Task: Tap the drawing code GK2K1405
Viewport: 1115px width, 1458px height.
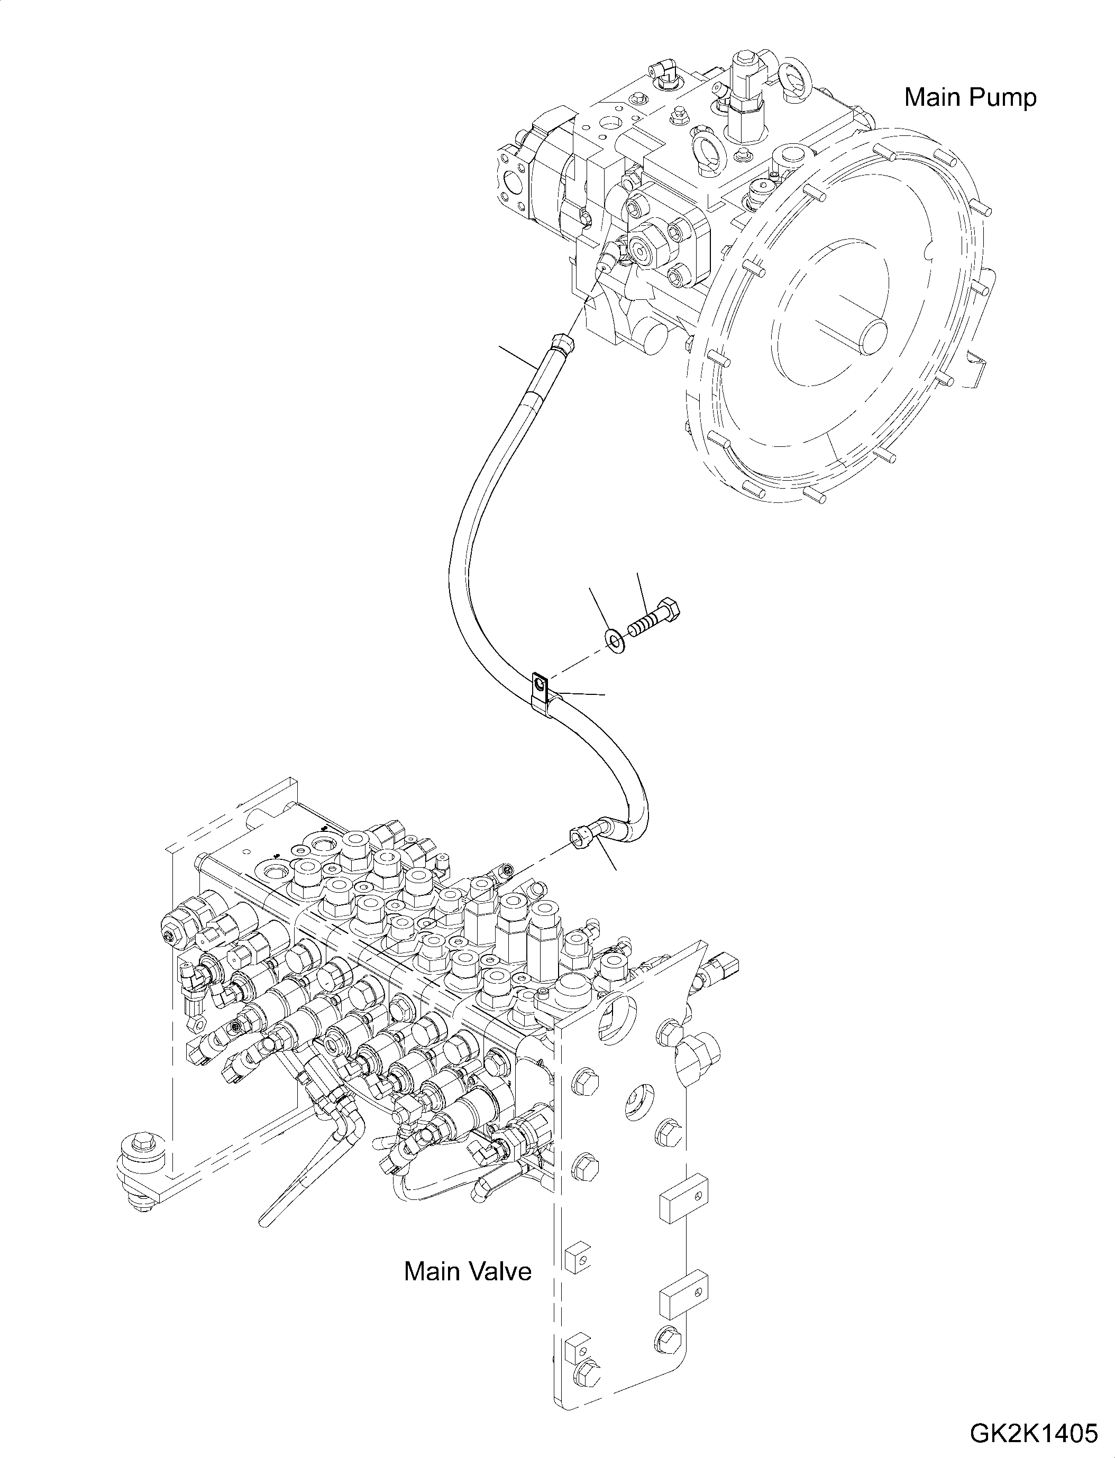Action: [x=1034, y=1434]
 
